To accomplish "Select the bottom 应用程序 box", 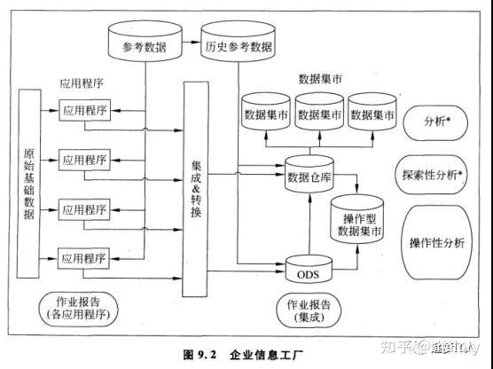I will [x=84, y=259].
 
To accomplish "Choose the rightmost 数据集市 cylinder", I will [x=372, y=115].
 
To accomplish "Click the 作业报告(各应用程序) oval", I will [x=80, y=306].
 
